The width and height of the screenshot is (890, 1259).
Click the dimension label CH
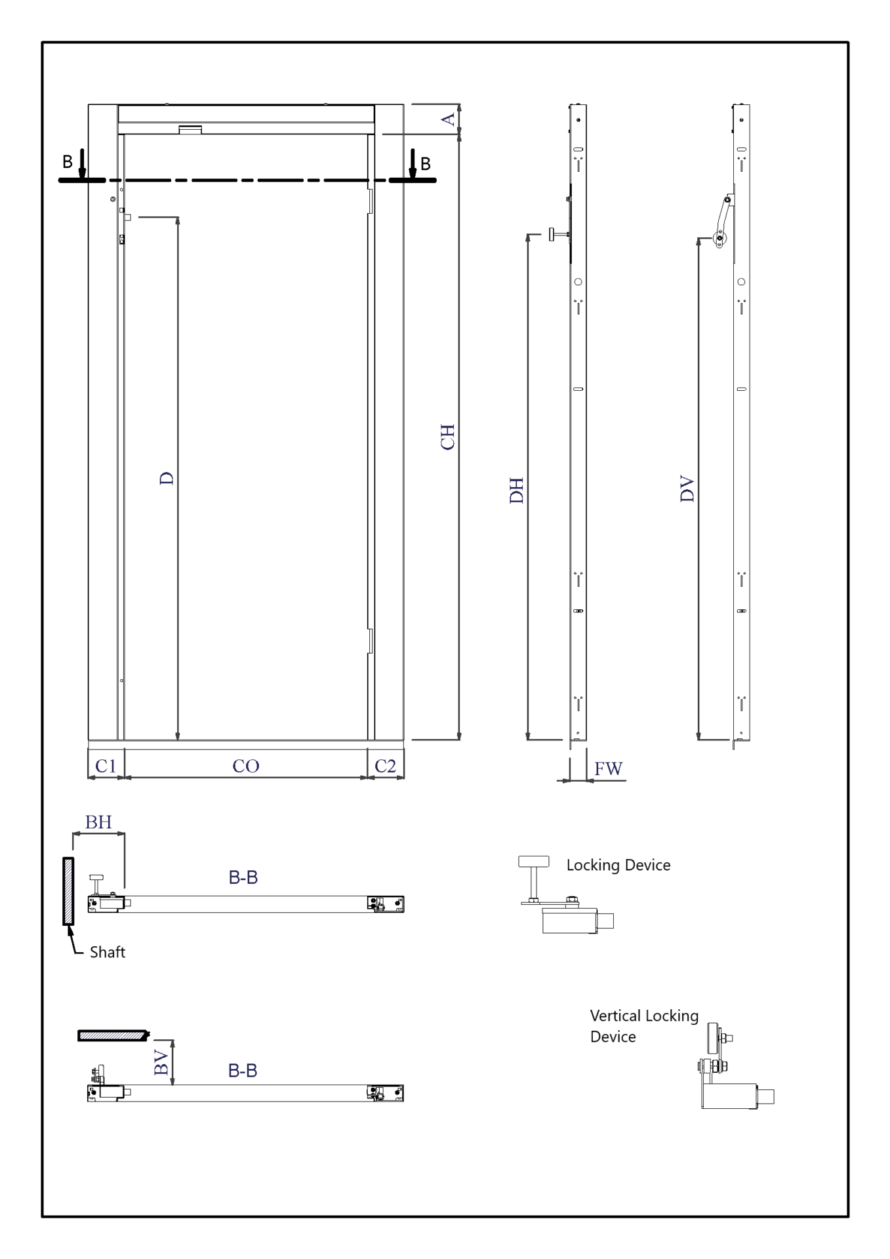coord(447,437)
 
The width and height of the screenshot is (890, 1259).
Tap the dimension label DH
coord(517,490)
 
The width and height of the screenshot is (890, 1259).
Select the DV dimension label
coord(687,489)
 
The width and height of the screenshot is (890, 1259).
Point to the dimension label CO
coord(246,766)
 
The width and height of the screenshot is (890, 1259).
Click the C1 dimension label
coord(106,766)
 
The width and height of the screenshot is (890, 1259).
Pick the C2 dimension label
coord(385,766)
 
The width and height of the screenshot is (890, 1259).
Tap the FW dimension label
coord(608,769)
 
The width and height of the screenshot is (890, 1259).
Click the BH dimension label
coord(98,822)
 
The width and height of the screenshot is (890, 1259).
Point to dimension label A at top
coord(448,119)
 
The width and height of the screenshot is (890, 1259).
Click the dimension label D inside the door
coord(167,478)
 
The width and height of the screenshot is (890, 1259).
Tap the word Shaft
coord(108,952)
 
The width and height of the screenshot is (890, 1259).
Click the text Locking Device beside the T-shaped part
coord(618,866)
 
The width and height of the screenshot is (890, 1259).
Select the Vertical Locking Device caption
coord(644,1026)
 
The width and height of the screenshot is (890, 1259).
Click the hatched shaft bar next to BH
coord(68,891)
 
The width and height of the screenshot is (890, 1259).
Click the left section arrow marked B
coord(82,163)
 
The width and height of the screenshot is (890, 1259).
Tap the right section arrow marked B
coord(413,163)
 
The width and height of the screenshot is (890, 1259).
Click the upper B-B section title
coord(243,877)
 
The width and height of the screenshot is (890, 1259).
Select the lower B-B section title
coord(243,1071)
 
